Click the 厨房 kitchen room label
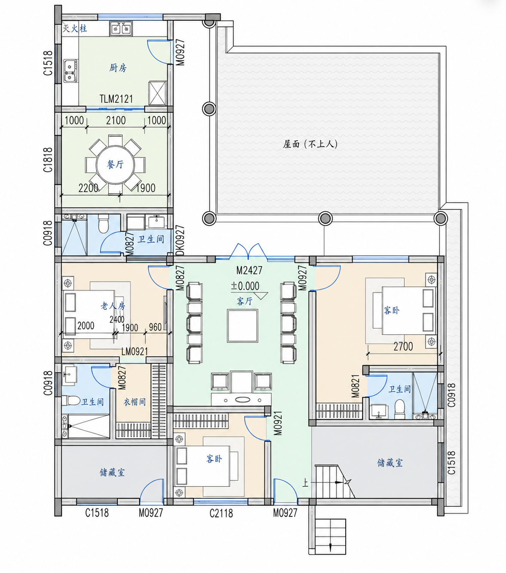point(118,68)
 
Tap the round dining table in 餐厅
point(115,165)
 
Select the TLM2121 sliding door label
point(116,99)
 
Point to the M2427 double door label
point(249,270)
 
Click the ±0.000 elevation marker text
point(245,286)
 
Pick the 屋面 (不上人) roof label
point(310,144)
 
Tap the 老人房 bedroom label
point(113,306)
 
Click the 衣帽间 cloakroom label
point(134,402)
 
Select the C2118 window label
point(221,513)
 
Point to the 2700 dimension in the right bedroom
point(403,346)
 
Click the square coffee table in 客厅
point(242,326)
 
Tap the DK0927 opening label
point(180,240)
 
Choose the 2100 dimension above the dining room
point(116,121)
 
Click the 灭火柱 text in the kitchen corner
point(75,28)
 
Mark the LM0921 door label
point(134,352)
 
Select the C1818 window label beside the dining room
point(48,160)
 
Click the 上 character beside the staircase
point(305,483)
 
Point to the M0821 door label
point(355,386)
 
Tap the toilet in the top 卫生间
point(103,224)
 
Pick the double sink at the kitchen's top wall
point(121,29)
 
